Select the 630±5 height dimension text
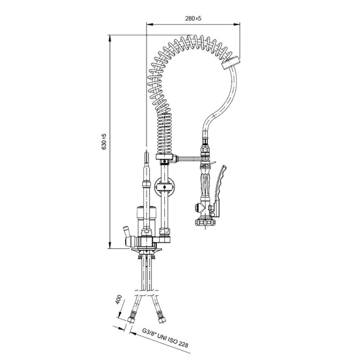[x=104, y=141]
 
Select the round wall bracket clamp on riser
[x=165, y=188]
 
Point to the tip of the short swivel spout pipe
[x=146, y=152]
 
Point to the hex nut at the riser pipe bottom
[x=165, y=231]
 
